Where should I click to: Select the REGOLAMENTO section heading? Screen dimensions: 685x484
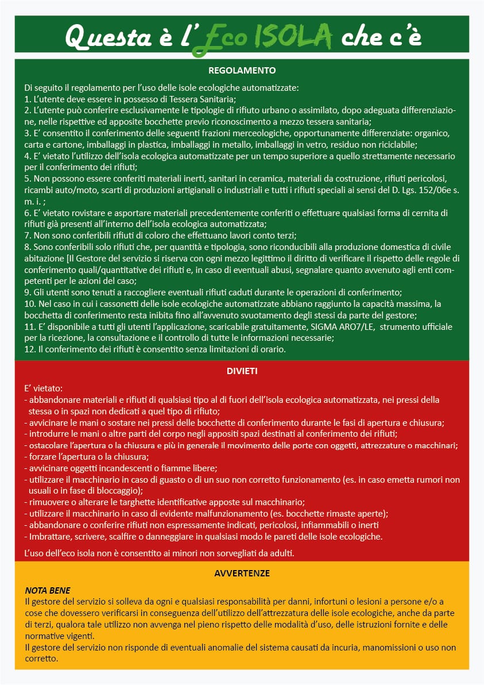coord(242,71)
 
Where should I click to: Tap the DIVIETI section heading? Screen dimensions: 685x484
coord(242,371)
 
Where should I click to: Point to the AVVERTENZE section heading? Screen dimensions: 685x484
coord(242,573)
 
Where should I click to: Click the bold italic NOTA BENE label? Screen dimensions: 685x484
coord(48,591)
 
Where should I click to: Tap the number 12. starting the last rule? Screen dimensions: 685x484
coord(30,349)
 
